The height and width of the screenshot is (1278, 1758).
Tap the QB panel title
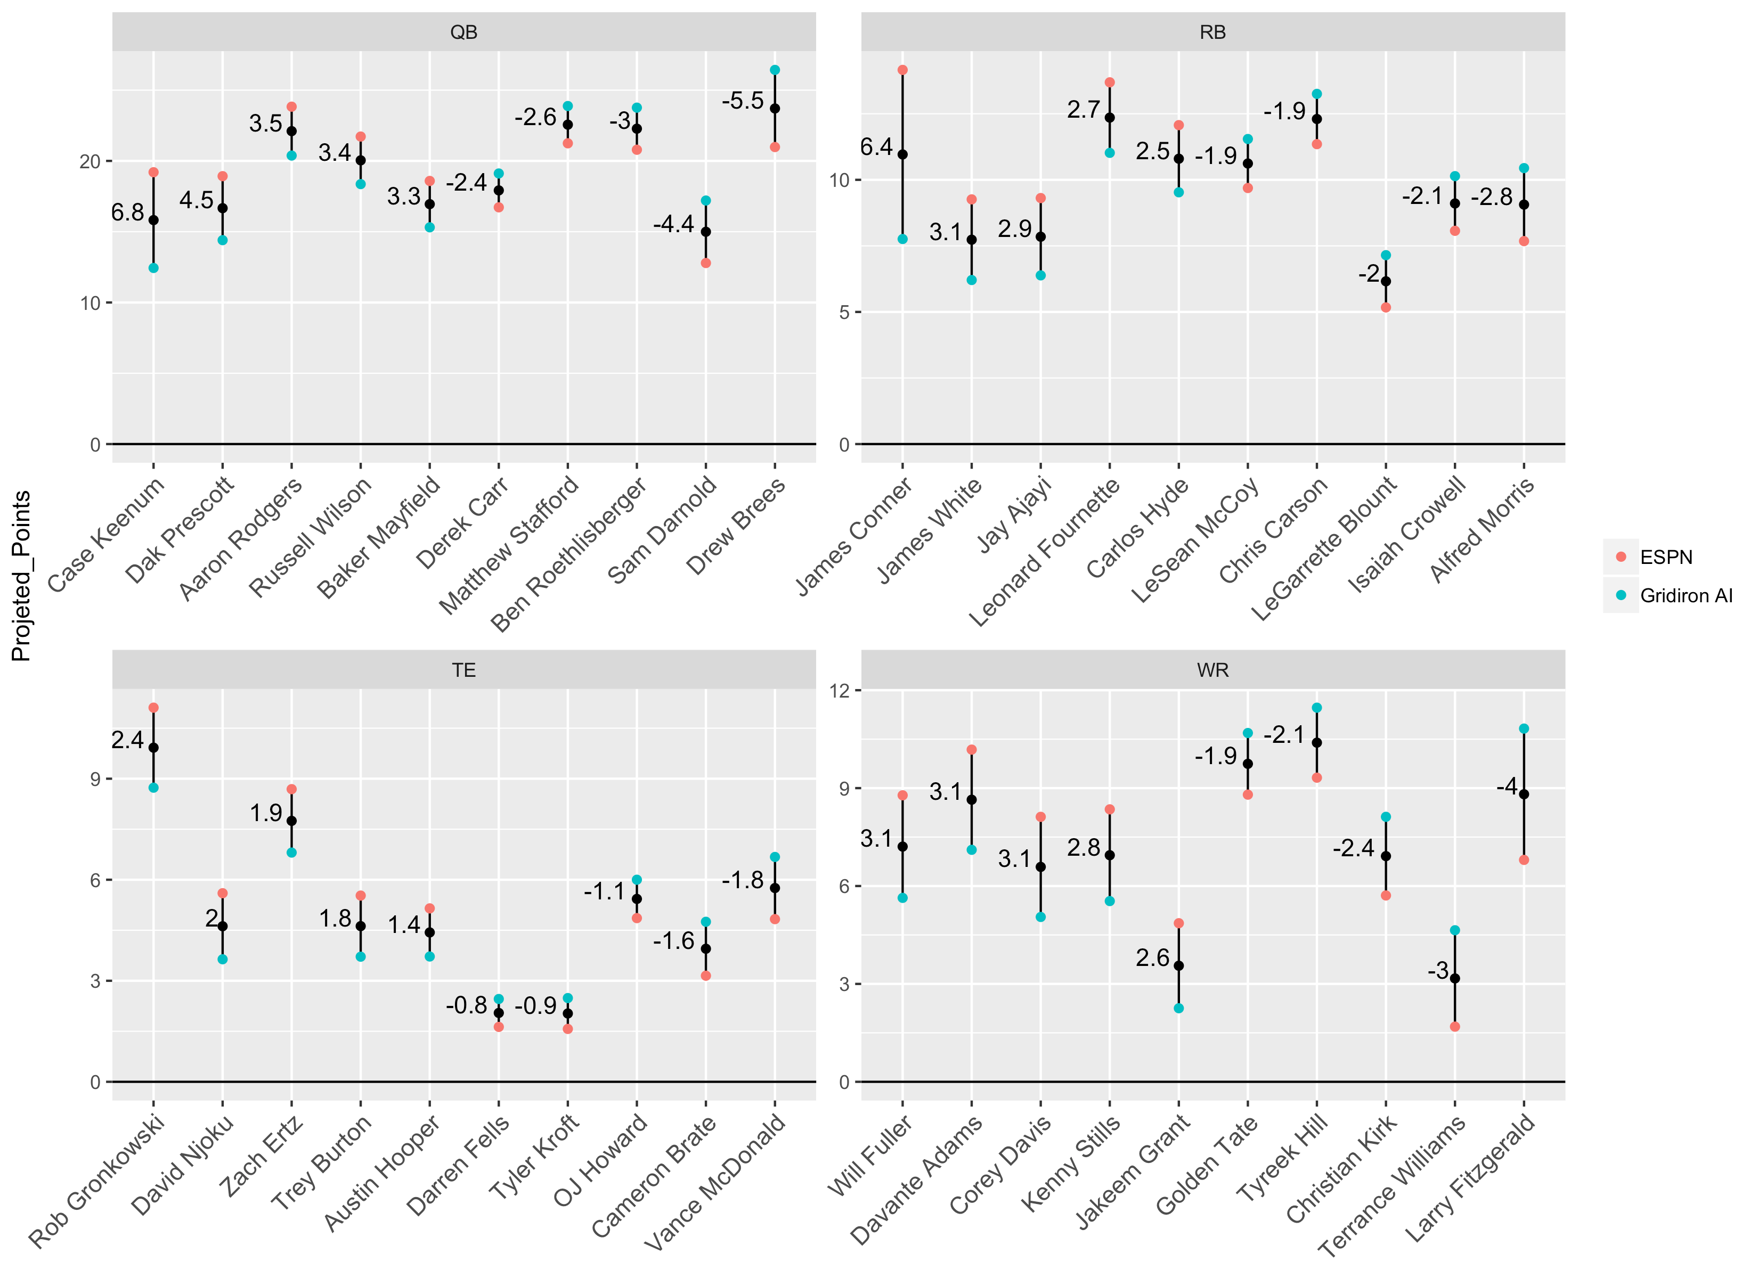coord(463,32)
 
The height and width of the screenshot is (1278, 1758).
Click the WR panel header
coord(1212,669)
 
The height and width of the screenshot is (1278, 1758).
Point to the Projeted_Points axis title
coord(21,576)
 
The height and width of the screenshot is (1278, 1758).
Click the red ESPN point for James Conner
coord(902,70)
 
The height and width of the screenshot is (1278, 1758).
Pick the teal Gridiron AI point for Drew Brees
coord(775,70)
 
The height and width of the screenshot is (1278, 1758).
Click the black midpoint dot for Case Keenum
coord(153,220)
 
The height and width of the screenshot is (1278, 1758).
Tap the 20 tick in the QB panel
coord(90,161)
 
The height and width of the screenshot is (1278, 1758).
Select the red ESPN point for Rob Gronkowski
coord(153,708)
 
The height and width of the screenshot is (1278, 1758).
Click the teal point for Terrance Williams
coord(1455,930)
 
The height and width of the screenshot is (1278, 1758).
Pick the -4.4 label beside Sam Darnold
coord(673,224)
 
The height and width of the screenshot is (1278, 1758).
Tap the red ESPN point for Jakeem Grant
coord(1178,923)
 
